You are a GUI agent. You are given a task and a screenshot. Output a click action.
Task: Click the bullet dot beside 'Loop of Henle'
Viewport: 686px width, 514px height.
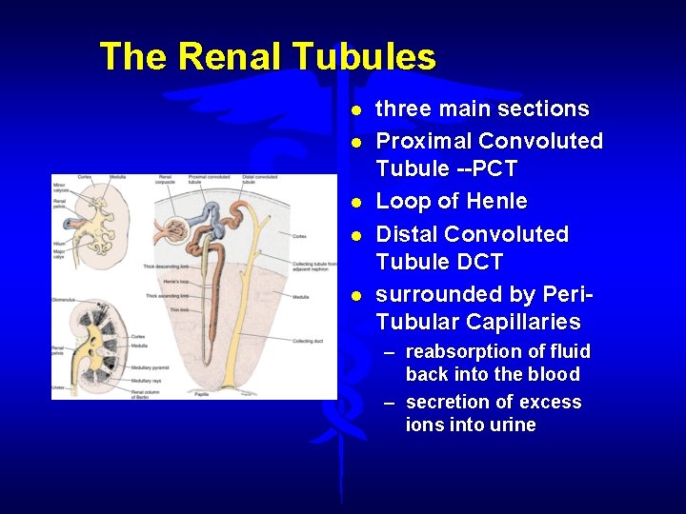pos(354,203)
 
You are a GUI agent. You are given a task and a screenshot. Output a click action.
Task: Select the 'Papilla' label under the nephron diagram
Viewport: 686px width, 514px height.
pos(202,393)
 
